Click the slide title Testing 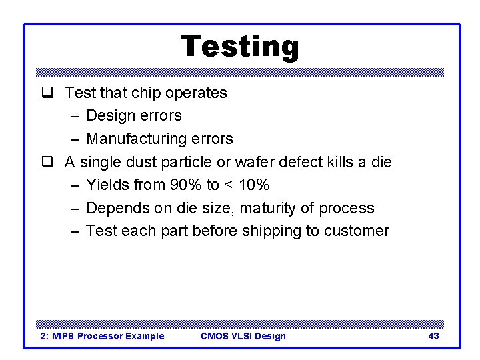coord(240,47)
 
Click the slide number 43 coord(433,336)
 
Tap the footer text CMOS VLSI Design coord(243,336)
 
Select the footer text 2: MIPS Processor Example coord(103,336)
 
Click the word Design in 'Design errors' coord(110,115)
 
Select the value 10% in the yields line coord(254,185)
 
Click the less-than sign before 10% coord(229,185)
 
